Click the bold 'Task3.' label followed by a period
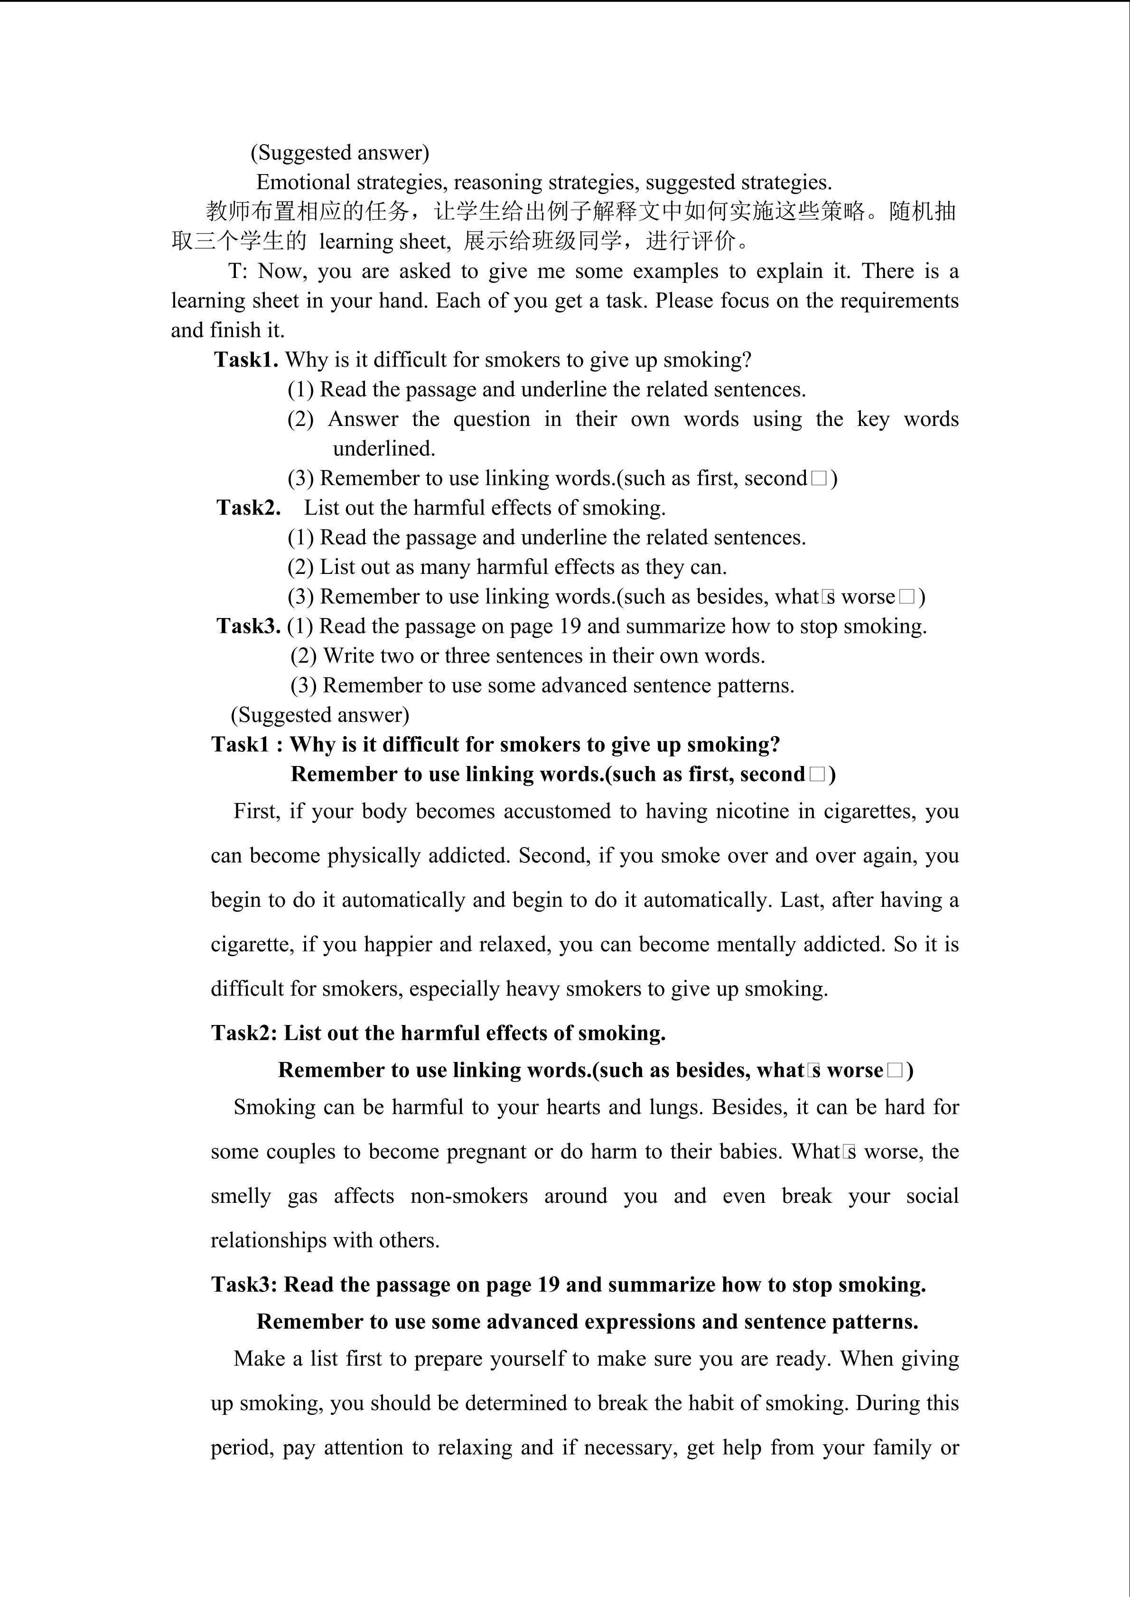coord(248,626)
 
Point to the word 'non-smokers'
coord(468,1196)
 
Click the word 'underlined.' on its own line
coord(383,449)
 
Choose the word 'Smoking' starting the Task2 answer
coord(274,1107)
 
